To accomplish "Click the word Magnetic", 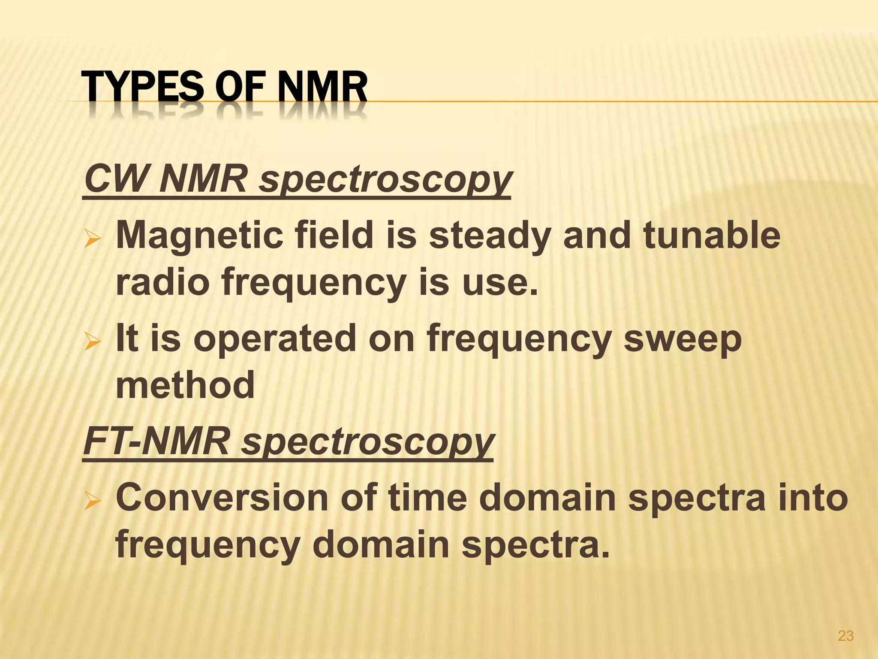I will click(x=199, y=236).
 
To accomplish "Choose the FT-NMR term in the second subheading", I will click(x=156, y=442).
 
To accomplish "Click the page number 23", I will click(x=845, y=635).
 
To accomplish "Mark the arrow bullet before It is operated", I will click(x=93, y=342).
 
